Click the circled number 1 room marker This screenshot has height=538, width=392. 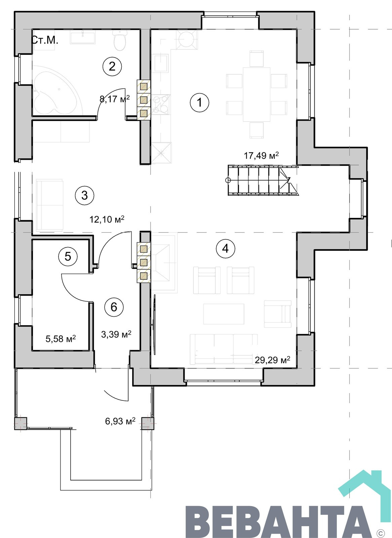tap(199, 103)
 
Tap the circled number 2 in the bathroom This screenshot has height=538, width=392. tap(112, 66)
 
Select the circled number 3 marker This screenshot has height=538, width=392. tap(84, 195)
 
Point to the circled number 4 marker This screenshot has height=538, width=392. tap(225, 248)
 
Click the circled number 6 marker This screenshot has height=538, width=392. tap(114, 307)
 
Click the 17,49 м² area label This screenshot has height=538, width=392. tap(261, 155)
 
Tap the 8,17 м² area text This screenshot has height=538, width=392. tap(115, 99)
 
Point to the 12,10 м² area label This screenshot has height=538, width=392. tap(107, 219)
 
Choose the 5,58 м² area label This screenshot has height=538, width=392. tap(61, 339)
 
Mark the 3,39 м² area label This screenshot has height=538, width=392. tap(116, 334)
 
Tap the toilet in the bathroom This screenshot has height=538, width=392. tap(119, 40)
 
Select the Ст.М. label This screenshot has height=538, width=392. tap(45, 40)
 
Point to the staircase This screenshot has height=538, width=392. tap(263, 180)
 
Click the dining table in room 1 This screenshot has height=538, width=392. tap(257, 94)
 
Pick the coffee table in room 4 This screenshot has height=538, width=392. tap(224, 314)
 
